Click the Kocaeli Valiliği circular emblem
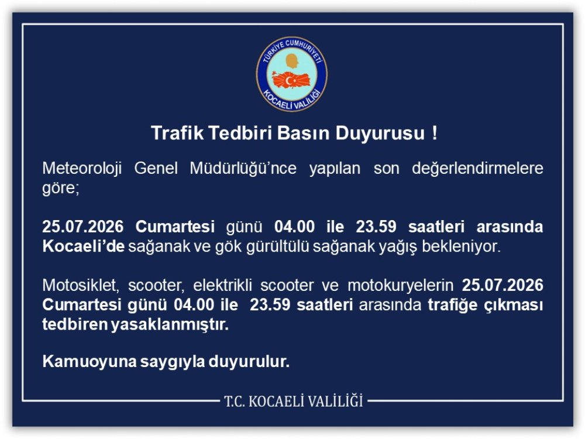(x=292, y=74)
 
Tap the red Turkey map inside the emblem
(x=292, y=80)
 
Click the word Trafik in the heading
(x=177, y=133)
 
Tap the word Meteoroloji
(x=82, y=168)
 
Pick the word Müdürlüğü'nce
(x=243, y=168)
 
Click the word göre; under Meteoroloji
(x=61, y=188)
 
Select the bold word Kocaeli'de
(x=83, y=246)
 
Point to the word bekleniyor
(x=461, y=246)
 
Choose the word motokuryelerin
(x=400, y=286)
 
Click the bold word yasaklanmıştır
(x=170, y=324)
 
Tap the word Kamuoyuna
(x=89, y=361)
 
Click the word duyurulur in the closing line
(x=249, y=361)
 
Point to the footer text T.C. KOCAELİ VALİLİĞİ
(x=294, y=402)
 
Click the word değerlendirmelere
(x=477, y=168)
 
